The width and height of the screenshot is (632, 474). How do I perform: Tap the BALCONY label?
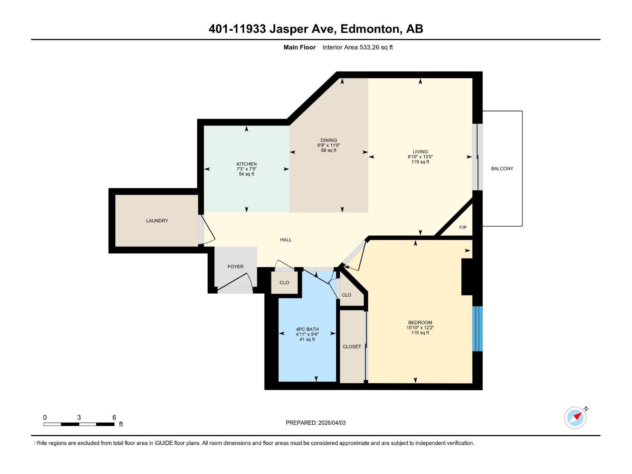tap(502, 169)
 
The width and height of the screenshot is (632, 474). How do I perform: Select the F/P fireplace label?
tap(463, 228)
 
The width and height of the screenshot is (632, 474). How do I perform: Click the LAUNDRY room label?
tap(157, 221)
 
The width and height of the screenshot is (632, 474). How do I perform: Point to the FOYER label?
tap(235, 267)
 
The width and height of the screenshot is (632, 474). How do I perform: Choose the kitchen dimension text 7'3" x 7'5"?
tap(246, 169)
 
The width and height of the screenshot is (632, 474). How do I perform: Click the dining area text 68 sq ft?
tap(329, 150)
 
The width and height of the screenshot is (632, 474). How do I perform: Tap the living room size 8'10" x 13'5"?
tap(420, 157)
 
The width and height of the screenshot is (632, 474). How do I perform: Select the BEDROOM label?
tap(420, 323)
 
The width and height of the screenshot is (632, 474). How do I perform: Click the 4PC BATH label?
tap(307, 329)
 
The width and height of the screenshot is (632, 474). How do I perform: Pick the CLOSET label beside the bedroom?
tap(352, 347)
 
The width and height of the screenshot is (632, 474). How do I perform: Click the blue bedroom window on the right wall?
tap(478, 329)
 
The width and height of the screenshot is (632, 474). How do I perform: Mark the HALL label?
tap(286, 240)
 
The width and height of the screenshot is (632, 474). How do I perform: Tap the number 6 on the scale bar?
tap(114, 418)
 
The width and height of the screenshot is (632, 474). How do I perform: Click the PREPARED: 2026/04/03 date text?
tap(316, 423)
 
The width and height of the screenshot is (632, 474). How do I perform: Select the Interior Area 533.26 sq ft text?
tap(357, 47)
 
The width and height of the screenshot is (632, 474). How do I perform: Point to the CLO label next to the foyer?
tap(284, 283)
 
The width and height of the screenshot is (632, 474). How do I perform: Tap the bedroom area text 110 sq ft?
tap(420, 333)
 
